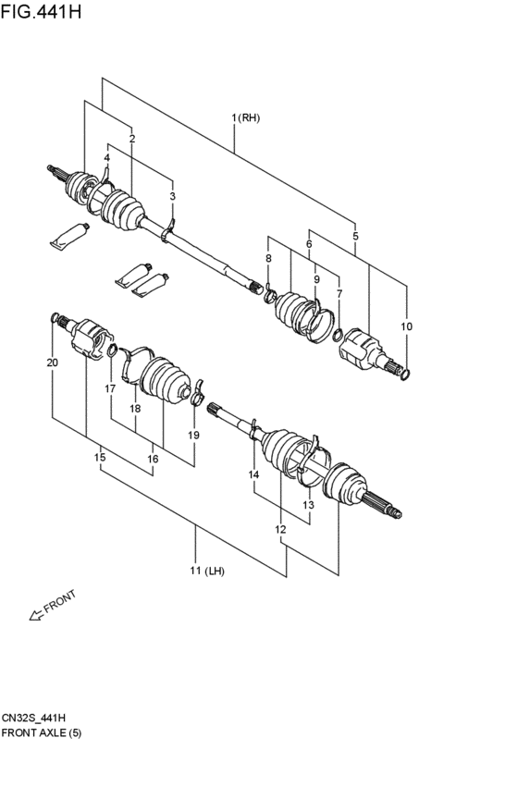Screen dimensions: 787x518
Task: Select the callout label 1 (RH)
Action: (x=246, y=117)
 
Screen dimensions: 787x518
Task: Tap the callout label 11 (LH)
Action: (x=207, y=571)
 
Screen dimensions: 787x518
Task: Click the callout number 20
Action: (x=52, y=363)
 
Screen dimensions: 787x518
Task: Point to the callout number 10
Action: (x=407, y=326)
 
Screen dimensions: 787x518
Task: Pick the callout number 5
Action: (x=355, y=237)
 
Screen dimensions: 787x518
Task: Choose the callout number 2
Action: (x=132, y=139)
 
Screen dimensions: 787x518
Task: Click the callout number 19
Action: (x=193, y=435)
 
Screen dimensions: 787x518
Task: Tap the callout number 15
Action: (x=99, y=458)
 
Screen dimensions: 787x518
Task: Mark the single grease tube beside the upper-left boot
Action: (x=69, y=238)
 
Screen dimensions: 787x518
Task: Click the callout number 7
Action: (x=339, y=293)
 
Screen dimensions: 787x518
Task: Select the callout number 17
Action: (x=110, y=389)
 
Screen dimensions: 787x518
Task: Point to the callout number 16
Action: (x=153, y=459)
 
